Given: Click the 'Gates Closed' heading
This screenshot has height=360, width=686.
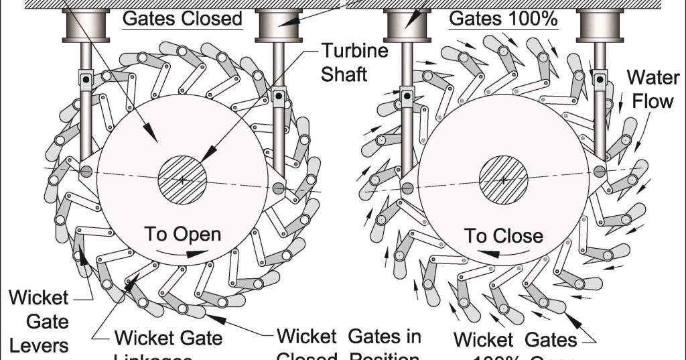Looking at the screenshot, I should point(182,18).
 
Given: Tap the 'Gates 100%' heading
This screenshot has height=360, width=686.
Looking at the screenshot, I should point(503,18).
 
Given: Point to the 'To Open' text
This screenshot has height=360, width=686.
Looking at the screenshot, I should point(183,235).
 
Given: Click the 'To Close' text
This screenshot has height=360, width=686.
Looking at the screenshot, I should point(504,235).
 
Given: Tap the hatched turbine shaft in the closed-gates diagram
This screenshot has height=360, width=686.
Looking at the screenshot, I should point(182,179).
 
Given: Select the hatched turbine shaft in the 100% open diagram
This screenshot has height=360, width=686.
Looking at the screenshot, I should point(503,179).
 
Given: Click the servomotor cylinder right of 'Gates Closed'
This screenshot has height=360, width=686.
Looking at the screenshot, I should point(279,25).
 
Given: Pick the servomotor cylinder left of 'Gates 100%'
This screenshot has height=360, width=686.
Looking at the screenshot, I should point(406,25).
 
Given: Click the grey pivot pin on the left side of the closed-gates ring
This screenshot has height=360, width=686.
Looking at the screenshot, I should point(86,172).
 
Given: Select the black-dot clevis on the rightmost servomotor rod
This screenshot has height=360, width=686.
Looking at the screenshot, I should point(599,79).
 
